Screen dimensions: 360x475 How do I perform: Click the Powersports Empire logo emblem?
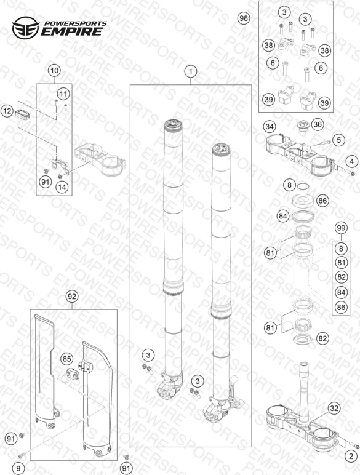pyautogui.click(x=26, y=28)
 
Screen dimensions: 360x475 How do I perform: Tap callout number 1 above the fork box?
pyautogui.click(x=191, y=72)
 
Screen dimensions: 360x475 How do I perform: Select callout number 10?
pyautogui.click(x=55, y=71)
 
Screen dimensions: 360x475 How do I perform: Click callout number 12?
pyautogui.click(x=7, y=111)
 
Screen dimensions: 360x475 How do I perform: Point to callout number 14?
pyautogui.click(x=62, y=187)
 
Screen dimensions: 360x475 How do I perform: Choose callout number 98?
pyautogui.click(x=244, y=18)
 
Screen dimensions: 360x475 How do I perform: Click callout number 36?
pyautogui.click(x=318, y=124)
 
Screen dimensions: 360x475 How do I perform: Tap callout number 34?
pyautogui.click(x=270, y=126)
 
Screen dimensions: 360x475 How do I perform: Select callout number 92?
pyautogui.click(x=72, y=297)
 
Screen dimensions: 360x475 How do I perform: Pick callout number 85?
pyautogui.click(x=66, y=359)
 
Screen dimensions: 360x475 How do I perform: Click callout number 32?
pyautogui.click(x=334, y=409)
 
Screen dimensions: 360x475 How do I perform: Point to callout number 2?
pyautogui.click(x=351, y=456)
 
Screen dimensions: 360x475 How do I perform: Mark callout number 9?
pyautogui.click(x=18, y=468)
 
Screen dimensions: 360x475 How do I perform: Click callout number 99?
pyautogui.click(x=341, y=228)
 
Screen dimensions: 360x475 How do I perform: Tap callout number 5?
pyautogui.click(x=339, y=140)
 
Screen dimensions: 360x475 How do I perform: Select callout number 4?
pyautogui.click(x=351, y=161)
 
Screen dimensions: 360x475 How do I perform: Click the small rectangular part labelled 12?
pyautogui.click(x=22, y=114)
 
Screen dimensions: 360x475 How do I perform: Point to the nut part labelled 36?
pyautogui.click(x=302, y=126)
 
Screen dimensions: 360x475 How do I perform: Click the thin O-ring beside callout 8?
pyautogui.click(x=303, y=186)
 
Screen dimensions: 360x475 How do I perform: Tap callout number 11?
pyautogui.click(x=63, y=94)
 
